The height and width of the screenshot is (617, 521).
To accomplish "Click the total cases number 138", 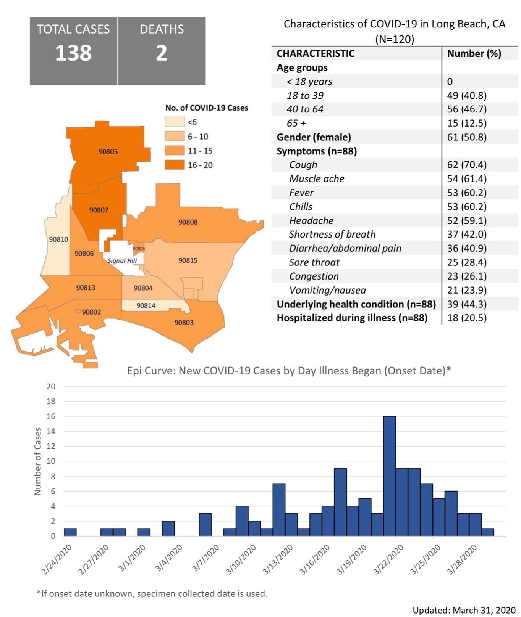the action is pos(73,53).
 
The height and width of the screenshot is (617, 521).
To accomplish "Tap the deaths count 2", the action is pos(162,53).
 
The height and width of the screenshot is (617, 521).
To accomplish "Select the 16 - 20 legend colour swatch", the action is pos(174,165).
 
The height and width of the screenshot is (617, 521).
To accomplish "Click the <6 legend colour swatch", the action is pos(174,122).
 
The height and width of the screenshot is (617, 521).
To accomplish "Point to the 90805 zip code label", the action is pos(108,151).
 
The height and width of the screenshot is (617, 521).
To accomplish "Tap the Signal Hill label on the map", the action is pos(122,261).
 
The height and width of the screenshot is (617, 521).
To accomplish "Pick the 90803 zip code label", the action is pos(184,323).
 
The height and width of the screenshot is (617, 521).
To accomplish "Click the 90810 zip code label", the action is pos(58,239).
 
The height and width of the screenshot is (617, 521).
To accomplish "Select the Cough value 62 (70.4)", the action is pos(467,165).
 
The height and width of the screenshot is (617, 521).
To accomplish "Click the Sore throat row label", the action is pos(314,262).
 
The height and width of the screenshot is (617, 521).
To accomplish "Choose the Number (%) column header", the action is pos(474,53).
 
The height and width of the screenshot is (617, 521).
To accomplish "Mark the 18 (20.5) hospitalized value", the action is pos(467,318).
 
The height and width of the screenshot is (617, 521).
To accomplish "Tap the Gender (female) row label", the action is pos(314,137).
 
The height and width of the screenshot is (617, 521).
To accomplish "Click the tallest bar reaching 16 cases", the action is pos(390,476).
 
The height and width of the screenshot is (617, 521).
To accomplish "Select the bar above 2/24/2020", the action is pos(70,532).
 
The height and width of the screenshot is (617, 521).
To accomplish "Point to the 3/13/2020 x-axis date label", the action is pos(278,559).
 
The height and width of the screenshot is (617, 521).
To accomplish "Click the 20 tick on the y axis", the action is pos(51,386).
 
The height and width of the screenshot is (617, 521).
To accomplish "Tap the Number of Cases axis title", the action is pos(37,461).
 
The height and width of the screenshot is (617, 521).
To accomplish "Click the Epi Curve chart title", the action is pos(289,371).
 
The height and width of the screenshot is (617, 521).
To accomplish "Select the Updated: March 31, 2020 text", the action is pos(464,610).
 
